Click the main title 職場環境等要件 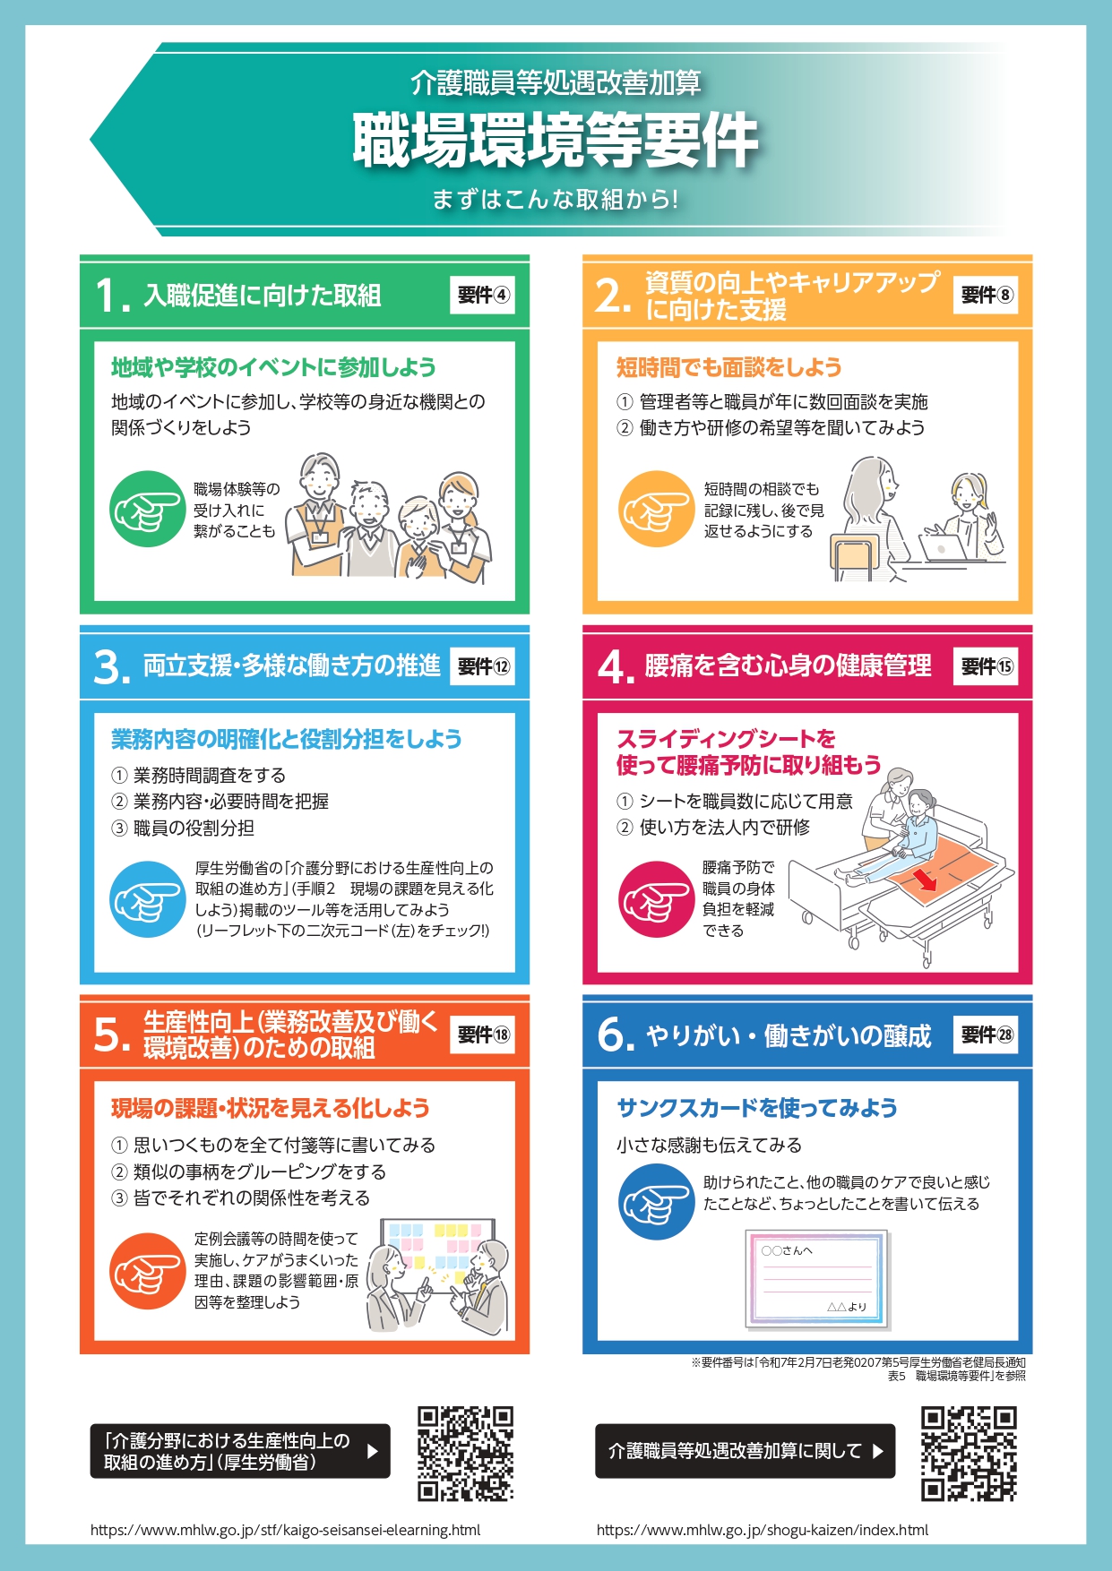556,141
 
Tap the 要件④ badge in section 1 482,295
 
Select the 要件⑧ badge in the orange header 986,295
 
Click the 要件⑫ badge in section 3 482,666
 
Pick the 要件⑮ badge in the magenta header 986,666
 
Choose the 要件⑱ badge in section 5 482,1034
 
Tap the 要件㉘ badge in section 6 986,1034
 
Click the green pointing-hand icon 148,509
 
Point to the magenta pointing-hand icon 657,899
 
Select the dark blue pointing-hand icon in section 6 657,1202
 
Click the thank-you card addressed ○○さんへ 816,1279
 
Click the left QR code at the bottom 465,1453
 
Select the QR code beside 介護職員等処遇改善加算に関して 969,1453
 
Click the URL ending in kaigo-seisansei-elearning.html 285,1530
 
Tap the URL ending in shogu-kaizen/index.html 763,1530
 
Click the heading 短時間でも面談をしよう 728,367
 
